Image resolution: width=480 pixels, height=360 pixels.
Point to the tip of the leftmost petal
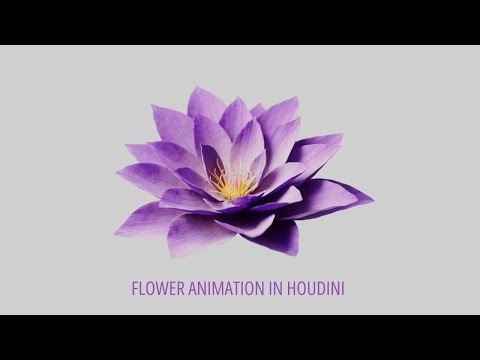pos(116,233)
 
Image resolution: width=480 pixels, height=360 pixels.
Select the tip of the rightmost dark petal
pos(372,197)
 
